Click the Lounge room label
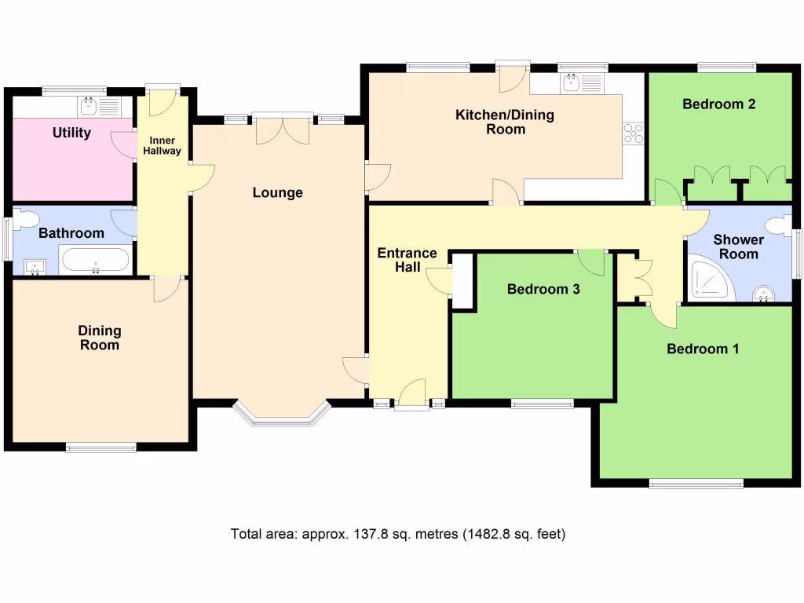277,192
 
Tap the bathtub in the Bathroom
95,260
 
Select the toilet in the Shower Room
779,226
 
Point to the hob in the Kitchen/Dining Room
633,133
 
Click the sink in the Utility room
88,106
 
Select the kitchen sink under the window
571,82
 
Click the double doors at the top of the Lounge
280,130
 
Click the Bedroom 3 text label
543,289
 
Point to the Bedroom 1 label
703,349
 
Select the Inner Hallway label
161,145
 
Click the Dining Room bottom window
100,448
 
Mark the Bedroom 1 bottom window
696,484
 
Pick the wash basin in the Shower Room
762,294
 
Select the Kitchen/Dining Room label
505,122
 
